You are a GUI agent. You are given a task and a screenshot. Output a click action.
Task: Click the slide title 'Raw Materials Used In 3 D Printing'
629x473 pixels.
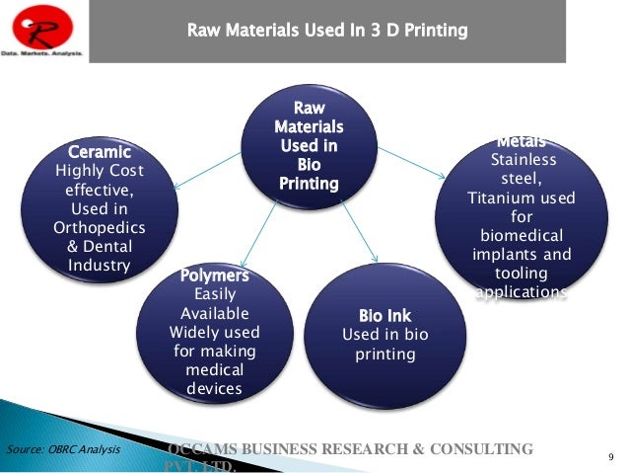pyautogui.click(x=327, y=32)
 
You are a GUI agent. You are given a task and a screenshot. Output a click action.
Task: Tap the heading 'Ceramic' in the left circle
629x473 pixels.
pyautogui.click(x=99, y=152)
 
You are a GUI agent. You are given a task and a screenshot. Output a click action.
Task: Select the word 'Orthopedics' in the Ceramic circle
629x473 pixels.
pyautogui.click(x=98, y=227)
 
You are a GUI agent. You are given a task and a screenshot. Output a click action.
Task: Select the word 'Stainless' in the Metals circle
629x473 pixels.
pyautogui.click(x=523, y=161)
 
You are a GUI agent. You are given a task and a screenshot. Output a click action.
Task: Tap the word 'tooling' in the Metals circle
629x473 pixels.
pyautogui.click(x=522, y=274)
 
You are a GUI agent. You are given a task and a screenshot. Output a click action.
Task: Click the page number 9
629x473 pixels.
pyautogui.click(x=611, y=455)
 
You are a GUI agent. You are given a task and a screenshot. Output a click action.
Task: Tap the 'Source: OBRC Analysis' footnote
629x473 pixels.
pyautogui.click(x=63, y=450)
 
